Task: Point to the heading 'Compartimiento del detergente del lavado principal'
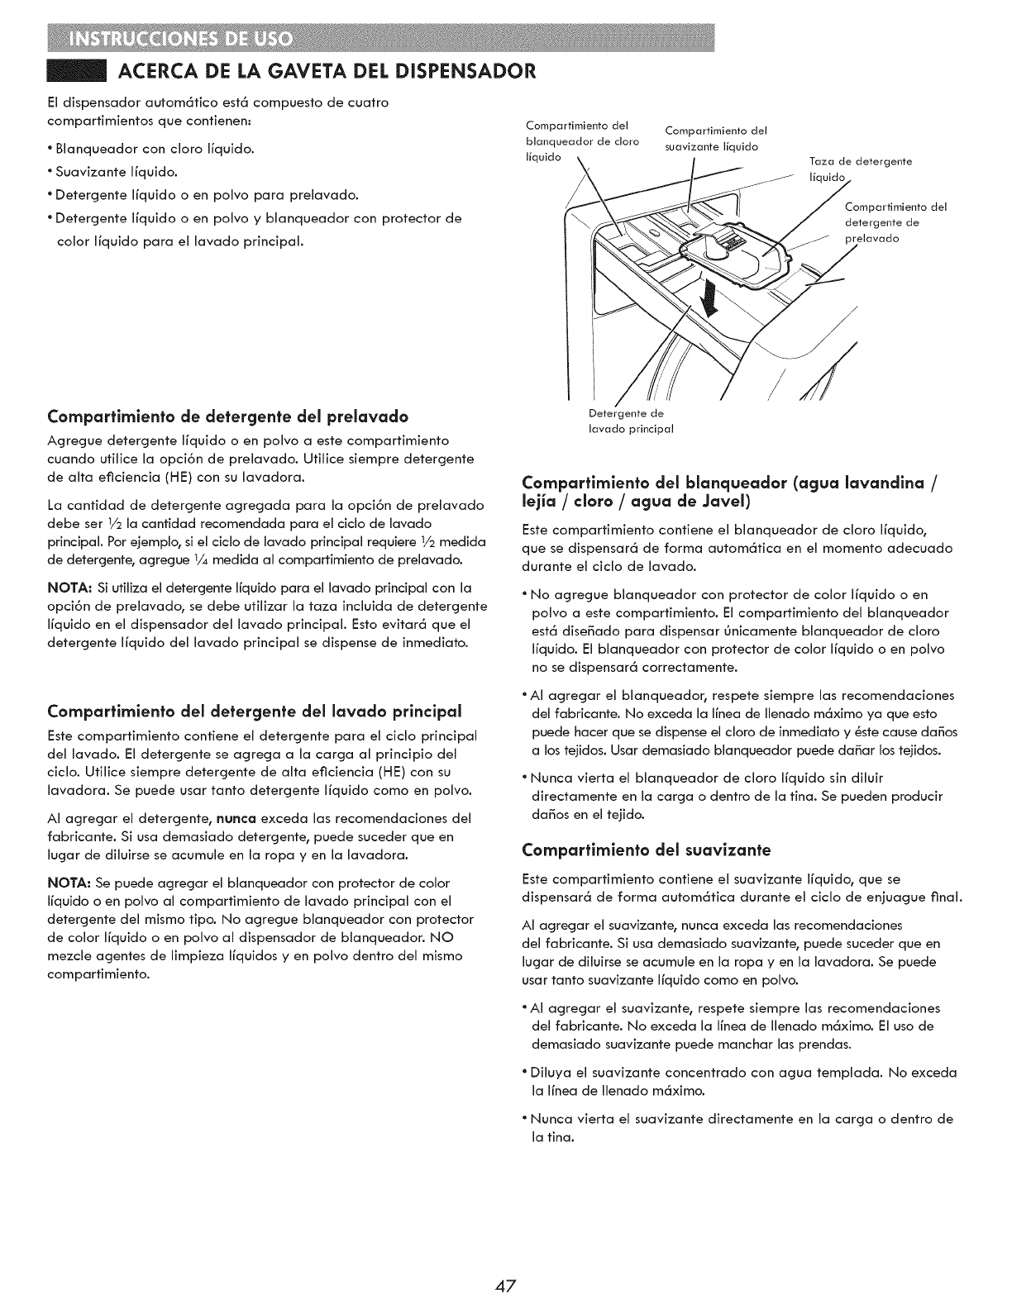pyautogui.click(x=255, y=711)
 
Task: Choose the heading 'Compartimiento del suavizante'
pyautogui.click(x=647, y=849)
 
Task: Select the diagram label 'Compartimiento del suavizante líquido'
pyautogui.click(x=716, y=140)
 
